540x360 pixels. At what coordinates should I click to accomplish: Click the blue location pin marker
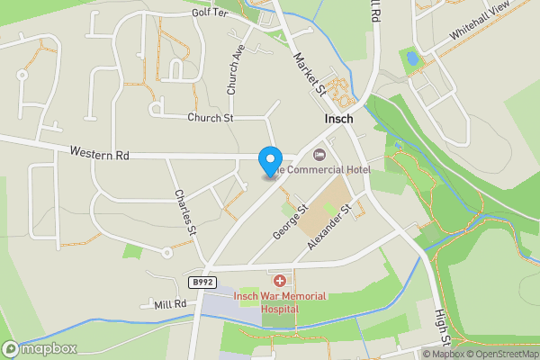[x=269, y=161]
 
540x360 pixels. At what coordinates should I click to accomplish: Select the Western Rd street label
[x=100, y=156]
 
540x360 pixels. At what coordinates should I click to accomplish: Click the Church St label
[x=210, y=118]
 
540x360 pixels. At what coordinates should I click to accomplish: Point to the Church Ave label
[x=235, y=71]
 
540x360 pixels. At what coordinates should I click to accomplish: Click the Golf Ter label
[x=211, y=13]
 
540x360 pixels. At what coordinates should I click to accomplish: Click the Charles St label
[x=185, y=212]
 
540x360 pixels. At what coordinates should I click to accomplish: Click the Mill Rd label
[x=168, y=304]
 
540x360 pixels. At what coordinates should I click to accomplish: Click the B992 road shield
[x=201, y=283]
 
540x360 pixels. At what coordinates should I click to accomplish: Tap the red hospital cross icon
[x=279, y=282]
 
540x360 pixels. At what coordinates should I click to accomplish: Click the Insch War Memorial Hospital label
[x=280, y=301]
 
